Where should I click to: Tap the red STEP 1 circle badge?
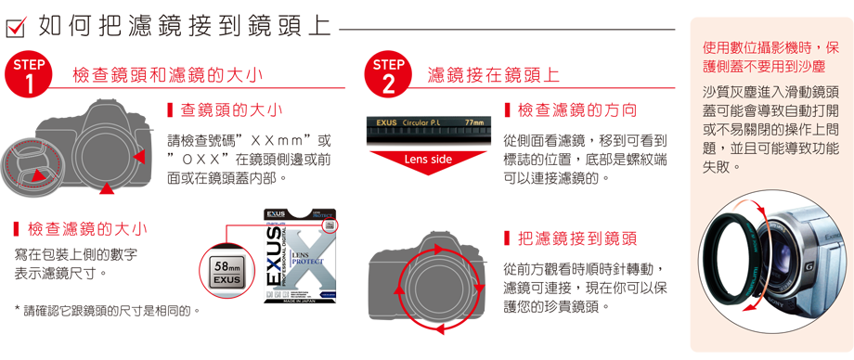pos(29,74)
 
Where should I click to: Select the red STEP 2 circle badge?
pos(388,74)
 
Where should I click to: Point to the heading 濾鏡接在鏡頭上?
pos(494,75)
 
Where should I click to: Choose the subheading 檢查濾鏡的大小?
pos(80,229)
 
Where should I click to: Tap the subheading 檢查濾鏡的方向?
pos(571,111)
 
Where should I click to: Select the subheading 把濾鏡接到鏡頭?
pos(571,238)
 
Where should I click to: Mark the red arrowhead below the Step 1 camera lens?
pos(108,188)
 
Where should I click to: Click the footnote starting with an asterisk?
pos(108,311)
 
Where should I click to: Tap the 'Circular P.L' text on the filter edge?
pos(421,122)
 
